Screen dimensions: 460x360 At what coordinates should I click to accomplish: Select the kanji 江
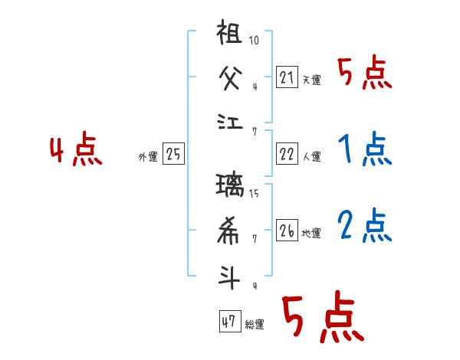[230, 120]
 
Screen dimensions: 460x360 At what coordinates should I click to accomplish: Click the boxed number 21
[286, 77]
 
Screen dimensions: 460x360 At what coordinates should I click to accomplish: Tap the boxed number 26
[286, 231]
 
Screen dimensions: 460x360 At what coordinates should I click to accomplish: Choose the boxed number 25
[173, 155]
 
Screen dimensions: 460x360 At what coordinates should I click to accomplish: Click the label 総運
[255, 325]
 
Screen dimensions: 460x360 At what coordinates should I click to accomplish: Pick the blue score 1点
[364, 149]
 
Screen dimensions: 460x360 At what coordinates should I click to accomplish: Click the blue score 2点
[364, 226]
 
